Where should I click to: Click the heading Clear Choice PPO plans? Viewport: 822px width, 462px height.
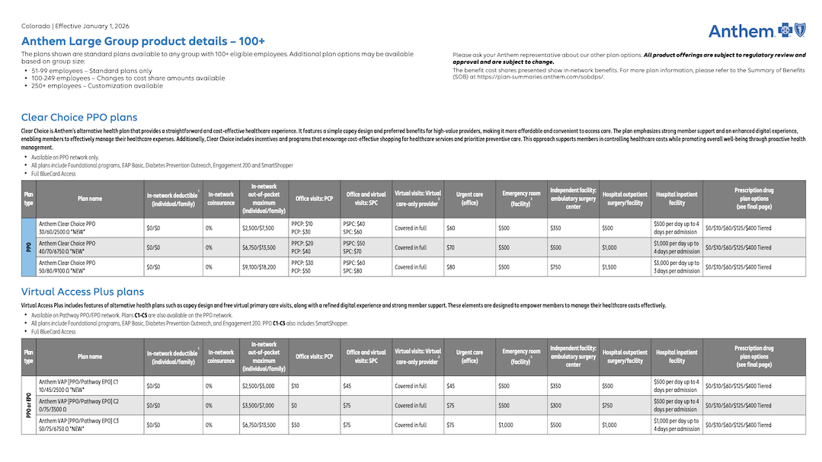(x=79, y=117)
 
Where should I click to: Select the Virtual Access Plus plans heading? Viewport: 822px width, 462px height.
(x=82, y=292)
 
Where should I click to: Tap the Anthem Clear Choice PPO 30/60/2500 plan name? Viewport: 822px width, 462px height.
(x=68, y=227)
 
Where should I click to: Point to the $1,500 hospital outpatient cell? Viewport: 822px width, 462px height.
(x=609, y=267)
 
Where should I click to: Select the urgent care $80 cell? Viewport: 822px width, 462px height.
(x=451, y=267)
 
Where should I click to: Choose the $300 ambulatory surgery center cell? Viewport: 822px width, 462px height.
(x=556, y=406)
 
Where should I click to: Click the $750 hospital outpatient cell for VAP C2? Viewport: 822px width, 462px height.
(x=607, y=406)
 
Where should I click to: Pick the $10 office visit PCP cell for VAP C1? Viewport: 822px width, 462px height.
(x=296, y=386)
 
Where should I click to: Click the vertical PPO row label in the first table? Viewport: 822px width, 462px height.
(x=29, y=247)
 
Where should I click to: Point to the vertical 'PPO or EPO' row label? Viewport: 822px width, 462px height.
(x=29, y=406)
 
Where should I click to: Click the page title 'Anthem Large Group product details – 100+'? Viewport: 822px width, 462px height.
(x=143, y=41)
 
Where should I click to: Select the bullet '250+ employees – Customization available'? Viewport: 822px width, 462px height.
(x=97, y=86)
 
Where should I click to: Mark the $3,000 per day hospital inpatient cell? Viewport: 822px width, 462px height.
(x=676, y=267)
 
